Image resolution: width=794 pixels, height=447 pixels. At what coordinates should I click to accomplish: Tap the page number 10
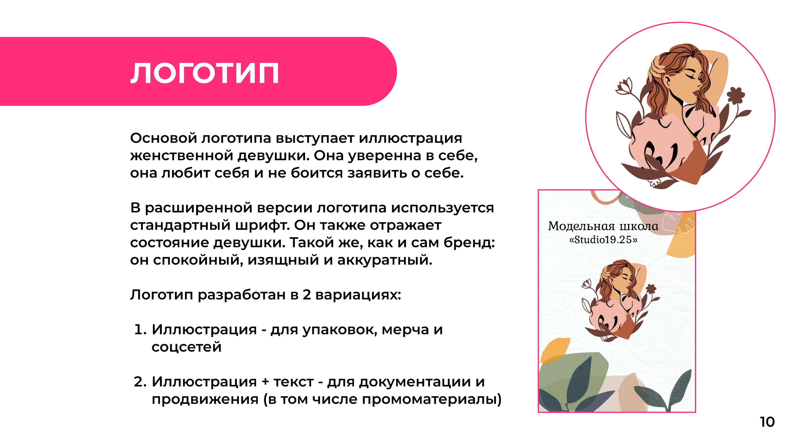click(x=767, y=422)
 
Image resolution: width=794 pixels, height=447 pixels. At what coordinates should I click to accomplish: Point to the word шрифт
click(x=262, y=225)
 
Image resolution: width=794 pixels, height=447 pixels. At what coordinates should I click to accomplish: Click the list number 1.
click(x=140, y=330)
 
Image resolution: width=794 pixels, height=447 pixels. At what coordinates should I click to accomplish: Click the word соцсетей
click(x=187, y=347)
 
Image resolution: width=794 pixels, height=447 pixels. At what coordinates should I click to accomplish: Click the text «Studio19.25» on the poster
click(x=603, y=240)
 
